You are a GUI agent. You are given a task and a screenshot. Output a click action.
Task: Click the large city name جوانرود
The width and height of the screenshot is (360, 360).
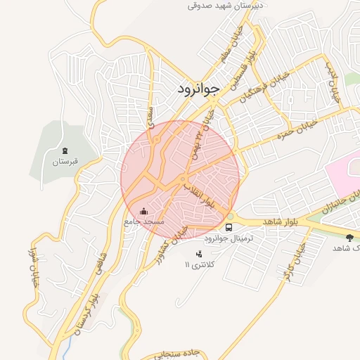click(195, 89)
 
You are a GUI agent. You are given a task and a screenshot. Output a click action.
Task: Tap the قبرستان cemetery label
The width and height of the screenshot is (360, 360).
click(65, 162)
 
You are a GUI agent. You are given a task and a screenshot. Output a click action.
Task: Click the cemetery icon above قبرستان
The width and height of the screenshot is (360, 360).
click(65, 150)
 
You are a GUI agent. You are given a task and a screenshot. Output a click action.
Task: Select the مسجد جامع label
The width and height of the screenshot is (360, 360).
click(143, 221)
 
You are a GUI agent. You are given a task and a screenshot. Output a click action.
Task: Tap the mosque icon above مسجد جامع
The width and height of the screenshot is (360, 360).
click(143, 210)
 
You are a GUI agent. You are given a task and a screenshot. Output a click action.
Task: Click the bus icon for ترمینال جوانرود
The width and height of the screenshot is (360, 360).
click(229, 227)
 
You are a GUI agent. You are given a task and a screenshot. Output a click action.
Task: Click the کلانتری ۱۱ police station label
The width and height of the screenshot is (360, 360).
click(202, 264)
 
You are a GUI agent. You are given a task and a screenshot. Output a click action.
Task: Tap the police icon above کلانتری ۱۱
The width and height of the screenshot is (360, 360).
click(200, 253)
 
